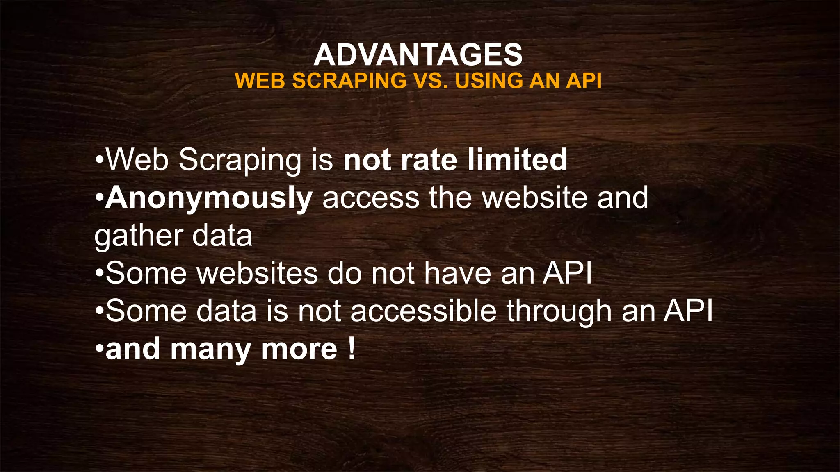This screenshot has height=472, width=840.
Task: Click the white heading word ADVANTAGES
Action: pos(418,55)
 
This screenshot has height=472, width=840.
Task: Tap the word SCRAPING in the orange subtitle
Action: pos(349,81)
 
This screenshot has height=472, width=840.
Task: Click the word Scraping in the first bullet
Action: pos(240,161)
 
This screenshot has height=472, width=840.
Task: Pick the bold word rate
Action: pos(429,160)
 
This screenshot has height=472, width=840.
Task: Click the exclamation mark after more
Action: pos(352,349)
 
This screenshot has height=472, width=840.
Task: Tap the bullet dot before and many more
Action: pos(98,349)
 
